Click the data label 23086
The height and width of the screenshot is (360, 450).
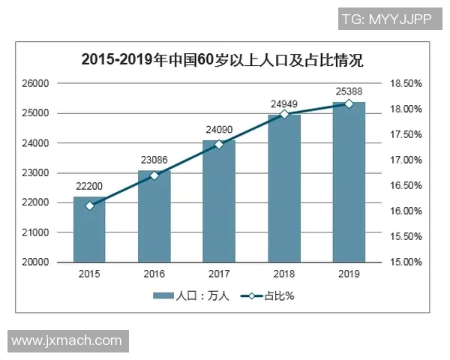154,160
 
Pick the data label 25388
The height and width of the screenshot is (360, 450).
349,91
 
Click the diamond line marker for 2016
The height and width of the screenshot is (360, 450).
154,175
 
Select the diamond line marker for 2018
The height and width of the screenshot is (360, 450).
284,114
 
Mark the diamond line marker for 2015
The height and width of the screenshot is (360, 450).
89,205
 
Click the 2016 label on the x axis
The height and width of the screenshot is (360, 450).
154,274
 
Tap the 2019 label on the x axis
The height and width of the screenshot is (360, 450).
349,274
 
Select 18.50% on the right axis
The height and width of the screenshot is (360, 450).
406,83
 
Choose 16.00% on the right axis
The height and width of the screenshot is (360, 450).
406,211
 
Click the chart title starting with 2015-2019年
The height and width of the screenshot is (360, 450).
222,59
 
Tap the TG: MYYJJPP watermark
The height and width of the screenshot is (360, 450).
385,19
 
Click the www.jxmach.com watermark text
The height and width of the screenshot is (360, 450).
66,340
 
